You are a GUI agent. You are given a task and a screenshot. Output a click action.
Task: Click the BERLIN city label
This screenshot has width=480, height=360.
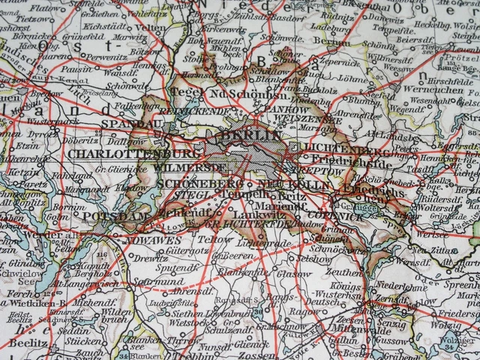(250, 136)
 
